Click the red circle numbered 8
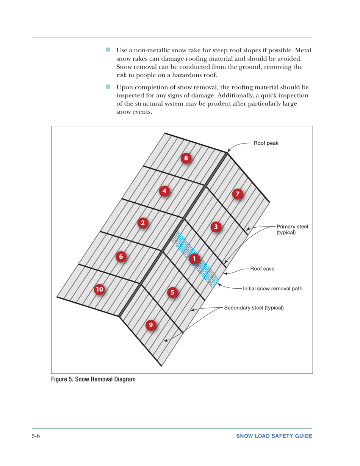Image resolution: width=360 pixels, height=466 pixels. click(186, 158)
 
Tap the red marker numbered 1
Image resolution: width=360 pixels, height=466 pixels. click(194, 259)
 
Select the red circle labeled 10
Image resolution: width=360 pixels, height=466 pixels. click(99, 289)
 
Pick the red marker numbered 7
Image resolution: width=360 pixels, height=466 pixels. click(237, 194)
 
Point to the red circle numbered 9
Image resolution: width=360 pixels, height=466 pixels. click(151, 325)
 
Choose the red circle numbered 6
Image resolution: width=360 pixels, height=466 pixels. click(121, 256)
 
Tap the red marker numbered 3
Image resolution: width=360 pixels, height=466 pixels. click(216, 227)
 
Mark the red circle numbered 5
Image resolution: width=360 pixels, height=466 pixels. click(172, 292)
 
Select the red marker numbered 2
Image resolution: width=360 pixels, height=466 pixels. click(142, 223)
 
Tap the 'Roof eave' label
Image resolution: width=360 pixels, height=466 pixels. click(262, 269)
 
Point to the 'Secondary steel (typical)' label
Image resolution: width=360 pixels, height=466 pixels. click(254, 307)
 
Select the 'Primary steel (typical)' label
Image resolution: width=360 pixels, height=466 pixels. click(292, 230)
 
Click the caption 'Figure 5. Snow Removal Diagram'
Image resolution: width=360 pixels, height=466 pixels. click(93, 379)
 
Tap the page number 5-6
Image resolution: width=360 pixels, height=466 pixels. click(36, 436)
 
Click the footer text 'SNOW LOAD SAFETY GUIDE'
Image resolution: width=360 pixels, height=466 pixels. click(274, 436)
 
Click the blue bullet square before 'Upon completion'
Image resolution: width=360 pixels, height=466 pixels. click(108, 87)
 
